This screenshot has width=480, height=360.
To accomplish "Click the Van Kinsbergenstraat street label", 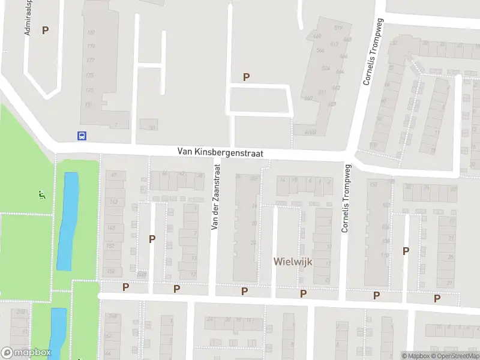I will pyautogui.click(x=220, y=154).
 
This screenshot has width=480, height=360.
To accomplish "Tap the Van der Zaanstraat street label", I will pyautogui.click(x=217, y=199).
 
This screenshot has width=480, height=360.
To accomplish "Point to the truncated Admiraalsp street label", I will pyautogui.click(x=28, y=17).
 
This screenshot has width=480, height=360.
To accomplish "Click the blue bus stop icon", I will pyautogui.click(x=82, y=136).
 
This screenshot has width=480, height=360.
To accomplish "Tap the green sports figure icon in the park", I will pyautogui.click(x=41, y=195).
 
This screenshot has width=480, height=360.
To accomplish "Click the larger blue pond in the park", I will pyautogui.click(x=68, y=221).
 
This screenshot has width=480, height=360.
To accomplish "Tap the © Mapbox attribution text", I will pyautogui.click(x=416, y=356).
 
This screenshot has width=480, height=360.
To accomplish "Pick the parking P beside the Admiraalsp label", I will pyautogui.click(x=45, y=30).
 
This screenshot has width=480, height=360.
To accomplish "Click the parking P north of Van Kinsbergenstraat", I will pyautogui.click(x=246, y=77).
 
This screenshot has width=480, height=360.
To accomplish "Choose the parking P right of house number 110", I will pyautogui.click(x=406, y=251).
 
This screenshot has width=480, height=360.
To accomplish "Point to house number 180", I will pyautogui.click(x=91, y=32).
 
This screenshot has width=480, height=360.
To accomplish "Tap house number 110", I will pyautogui.click(x=384, y=256).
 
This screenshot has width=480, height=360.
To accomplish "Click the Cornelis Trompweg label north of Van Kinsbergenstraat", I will pyautogui.click(x=371, y=51).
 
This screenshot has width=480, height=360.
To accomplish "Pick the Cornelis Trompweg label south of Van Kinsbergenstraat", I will pyautogui.click(x=345, y=199).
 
